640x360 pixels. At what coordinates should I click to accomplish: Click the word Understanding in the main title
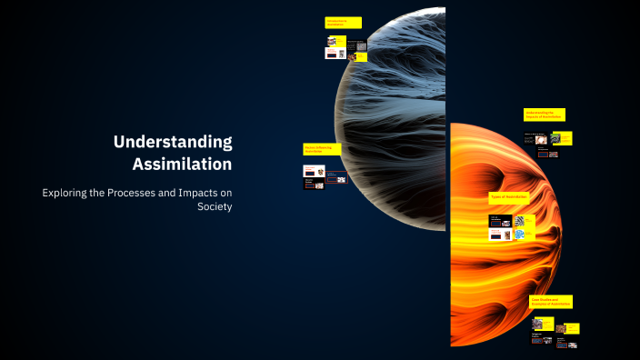(x=173, y=142)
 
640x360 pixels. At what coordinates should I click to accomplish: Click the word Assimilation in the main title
(x=182, y=165)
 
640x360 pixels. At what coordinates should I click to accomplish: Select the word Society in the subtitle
(x=215, y=206)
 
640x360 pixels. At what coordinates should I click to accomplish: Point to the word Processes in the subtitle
(x=146, y=193)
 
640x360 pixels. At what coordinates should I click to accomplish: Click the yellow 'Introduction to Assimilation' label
(x=343, y=23)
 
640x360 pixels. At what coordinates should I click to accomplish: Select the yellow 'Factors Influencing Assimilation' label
(x=322, y=148)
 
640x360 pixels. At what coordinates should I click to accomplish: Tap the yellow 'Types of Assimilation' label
(x=510, y=197)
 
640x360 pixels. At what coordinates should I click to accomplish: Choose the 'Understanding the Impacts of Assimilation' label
(x=544, y=115)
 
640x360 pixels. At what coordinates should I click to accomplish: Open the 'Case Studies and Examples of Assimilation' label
(x=551, y=301)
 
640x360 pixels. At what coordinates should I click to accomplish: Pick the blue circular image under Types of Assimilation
(x=519, y=235)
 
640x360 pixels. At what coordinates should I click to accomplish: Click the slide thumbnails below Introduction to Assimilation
(x=345, y=48)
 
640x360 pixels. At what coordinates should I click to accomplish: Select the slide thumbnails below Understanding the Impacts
(x=547, y=143)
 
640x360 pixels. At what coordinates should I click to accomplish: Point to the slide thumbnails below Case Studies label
(x=554, y=331)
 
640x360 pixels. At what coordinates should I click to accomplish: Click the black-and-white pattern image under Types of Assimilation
(x=519, y=221)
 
